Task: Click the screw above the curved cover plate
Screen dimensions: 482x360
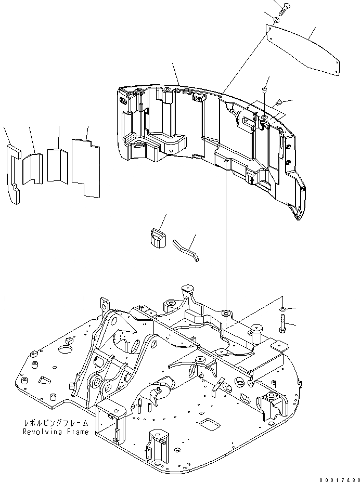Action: pos(284,9)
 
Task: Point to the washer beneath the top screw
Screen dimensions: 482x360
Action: pos(276,20)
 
